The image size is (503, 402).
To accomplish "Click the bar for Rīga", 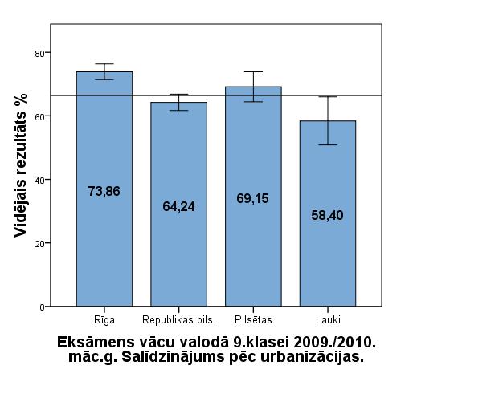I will (104, 241).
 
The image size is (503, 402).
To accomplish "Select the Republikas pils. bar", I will (178, 257).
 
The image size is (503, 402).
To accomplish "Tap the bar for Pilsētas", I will (253, 249).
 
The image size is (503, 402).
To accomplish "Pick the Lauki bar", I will (327, 265).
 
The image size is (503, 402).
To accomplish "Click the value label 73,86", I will (104, 191).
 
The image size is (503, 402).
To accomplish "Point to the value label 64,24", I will (178, 206).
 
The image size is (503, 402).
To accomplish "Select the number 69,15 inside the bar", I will (253, 197).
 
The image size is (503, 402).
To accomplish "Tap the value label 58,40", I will (327, 215).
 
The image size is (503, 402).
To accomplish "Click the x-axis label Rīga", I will (104, 320).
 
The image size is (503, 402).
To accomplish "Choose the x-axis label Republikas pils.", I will (178, 320).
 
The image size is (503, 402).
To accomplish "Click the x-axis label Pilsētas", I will (253, 320).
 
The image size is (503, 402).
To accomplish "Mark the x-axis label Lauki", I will (327, 320).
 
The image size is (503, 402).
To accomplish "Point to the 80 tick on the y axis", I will (38, 53).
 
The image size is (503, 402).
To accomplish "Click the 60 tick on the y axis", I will (38, 116).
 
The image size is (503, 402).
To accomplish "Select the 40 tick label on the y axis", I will (38, 180).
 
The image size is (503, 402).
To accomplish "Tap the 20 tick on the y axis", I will (38, 243).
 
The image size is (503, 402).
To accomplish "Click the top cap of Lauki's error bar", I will (327, 97).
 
